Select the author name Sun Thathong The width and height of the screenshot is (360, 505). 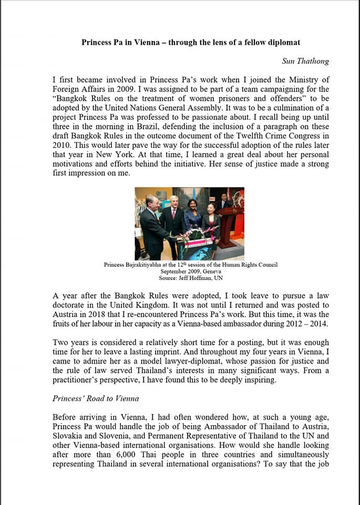[x=305, y=61]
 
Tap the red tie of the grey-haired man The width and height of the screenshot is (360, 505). [x=174, y=213]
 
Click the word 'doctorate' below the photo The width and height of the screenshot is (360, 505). [x=71, y=306]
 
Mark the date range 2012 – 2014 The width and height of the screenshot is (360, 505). [x=310, y=324]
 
